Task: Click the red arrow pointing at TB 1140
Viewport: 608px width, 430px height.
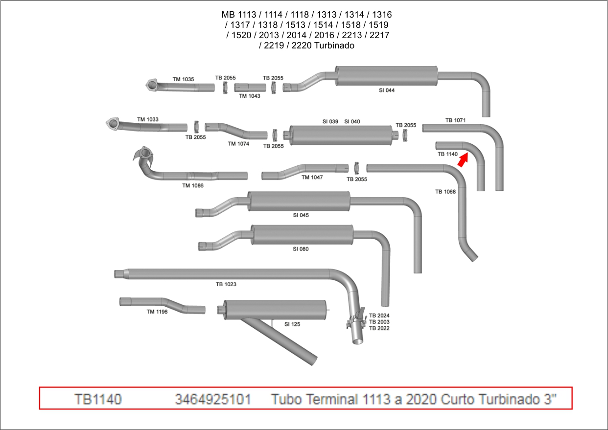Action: pyautogui.click(x=463, y=160)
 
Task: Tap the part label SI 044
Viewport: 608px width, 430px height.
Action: pyautogui.click(x=387, y=91)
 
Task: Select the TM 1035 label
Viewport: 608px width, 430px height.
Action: pyautogui.click(x=183, y=79)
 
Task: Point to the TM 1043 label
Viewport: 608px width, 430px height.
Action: pyautogui.click(x=250, y=96)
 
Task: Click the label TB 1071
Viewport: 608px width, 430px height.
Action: pyautogui.click(x=455, y=120)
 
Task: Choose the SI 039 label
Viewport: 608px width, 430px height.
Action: pyautogui.click(x=330, y=121)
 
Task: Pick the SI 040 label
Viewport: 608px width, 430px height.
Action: pyautogui.click(x=352, y=121)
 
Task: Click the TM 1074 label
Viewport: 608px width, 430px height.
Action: pyautogui.click(x=238, y=144)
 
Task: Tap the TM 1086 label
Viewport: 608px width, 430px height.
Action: pyautogui.click(x=193, y=185)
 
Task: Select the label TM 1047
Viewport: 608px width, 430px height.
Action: pyautogui.click(x=312, y=178)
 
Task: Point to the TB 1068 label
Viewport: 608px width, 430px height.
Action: pyautogui.click(x=445, y=192)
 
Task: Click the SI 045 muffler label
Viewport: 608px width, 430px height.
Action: pyautogui.click(x=301, y=215)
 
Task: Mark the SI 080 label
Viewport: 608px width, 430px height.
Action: pyautogui.click(x=301, y=249)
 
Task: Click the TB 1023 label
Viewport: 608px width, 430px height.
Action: pyautogui.click(x=226, y=284)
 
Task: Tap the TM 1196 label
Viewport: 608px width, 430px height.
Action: pyautogui.click(x=157, y=312)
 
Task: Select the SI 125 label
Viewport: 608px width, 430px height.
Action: pyautogui.click(x=292, y=324)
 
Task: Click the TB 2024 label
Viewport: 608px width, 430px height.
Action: pyautogui.click(x=379, y=316)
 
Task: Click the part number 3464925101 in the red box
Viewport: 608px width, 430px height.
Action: pyautogui.click(x=213, y=399)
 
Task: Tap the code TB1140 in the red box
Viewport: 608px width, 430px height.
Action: pyautogui.click(x=98, y=399)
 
